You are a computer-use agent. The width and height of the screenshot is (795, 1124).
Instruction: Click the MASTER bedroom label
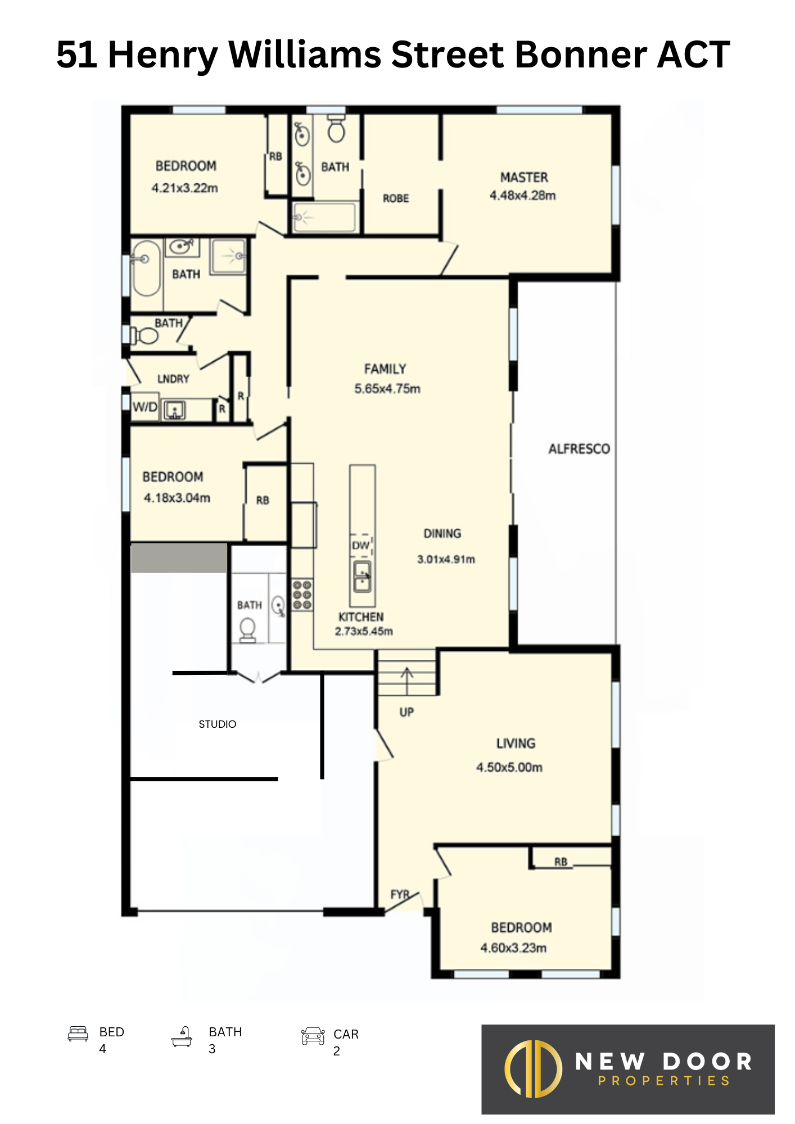click(524, 177)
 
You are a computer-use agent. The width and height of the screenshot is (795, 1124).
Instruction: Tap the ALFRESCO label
click(579, 448)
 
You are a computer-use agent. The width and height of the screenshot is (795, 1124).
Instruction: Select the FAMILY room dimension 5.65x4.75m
click(387, 388)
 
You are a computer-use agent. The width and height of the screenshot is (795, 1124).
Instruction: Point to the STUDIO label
click(218, 724)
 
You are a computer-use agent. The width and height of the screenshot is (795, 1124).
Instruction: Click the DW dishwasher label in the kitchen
click(360, 545)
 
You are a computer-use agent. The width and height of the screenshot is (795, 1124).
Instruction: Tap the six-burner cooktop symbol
click(302, 595)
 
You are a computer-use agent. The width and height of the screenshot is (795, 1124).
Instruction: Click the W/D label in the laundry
click(145, 406)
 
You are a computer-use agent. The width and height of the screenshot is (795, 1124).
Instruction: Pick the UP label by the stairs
click(406, 712)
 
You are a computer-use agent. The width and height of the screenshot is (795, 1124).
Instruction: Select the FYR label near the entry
click(400, 894)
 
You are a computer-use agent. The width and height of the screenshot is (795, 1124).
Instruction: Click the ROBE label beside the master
click(396, 198)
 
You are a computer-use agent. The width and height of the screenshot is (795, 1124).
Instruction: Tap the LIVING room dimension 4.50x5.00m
click(509, 767)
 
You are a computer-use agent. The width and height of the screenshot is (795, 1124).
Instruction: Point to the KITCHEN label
click(361, 617)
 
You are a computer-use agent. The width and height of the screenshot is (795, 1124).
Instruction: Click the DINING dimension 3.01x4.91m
click(446, 559)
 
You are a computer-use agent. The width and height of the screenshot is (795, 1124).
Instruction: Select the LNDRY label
click(173, 379)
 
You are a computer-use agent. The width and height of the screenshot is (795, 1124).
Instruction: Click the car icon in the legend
click(313, 1036)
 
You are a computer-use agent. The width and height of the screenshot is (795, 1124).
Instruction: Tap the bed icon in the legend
click(78, 1034)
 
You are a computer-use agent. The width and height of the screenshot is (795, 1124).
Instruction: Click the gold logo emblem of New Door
click(533, 1069)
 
